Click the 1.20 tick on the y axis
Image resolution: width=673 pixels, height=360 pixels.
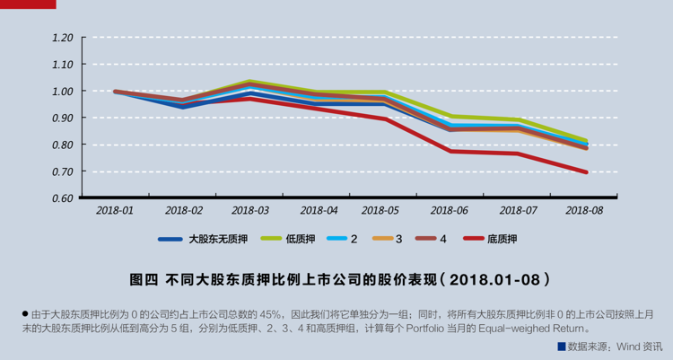click(62, 38)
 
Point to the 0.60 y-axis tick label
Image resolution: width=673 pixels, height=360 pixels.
click(62, 198)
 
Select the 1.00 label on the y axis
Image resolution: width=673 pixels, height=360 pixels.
click(62, 92)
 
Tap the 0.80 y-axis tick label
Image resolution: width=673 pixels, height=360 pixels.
click(62, 145)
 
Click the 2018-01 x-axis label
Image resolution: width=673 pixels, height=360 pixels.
click(116, 210)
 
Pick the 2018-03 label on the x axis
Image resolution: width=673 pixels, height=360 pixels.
click(250, 210)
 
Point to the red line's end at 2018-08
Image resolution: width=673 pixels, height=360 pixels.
click(585, 172)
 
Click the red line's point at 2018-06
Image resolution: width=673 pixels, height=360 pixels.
click(451, 151)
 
